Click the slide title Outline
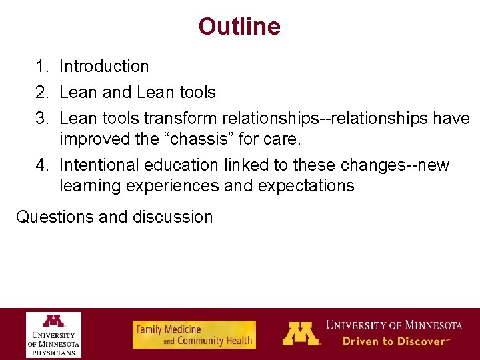click(x=239, y=27)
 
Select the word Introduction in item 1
click(x=104, y=67)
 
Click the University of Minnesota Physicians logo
click(x=54, y=334)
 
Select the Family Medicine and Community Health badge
click(x=194, y=335)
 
